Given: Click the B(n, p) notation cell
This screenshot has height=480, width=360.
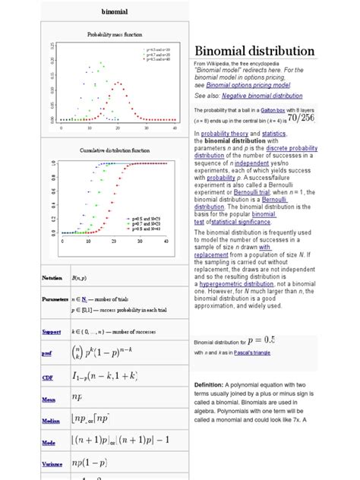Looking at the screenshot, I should [x=80, y=279].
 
